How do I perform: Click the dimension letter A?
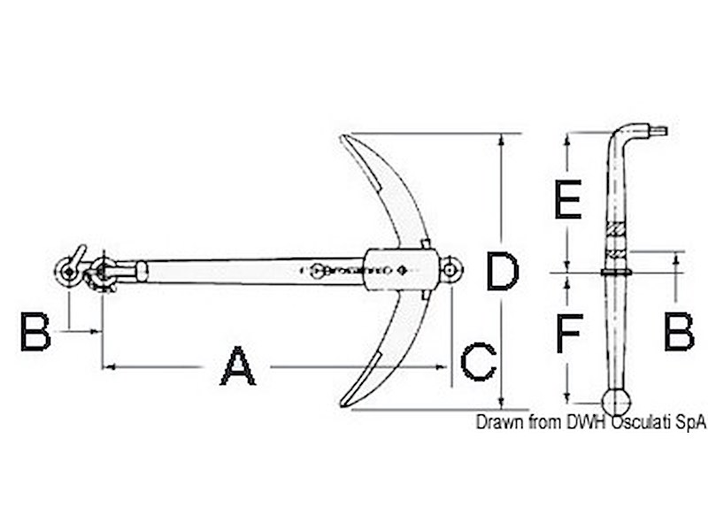click(237, 366)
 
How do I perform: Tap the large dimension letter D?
click(502, 272)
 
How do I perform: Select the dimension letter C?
click(478, 362)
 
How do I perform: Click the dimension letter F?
click(567, 334)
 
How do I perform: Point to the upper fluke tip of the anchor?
click(345, 138)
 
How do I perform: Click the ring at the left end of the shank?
click(66, 272)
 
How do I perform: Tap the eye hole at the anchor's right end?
click(451, 266)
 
